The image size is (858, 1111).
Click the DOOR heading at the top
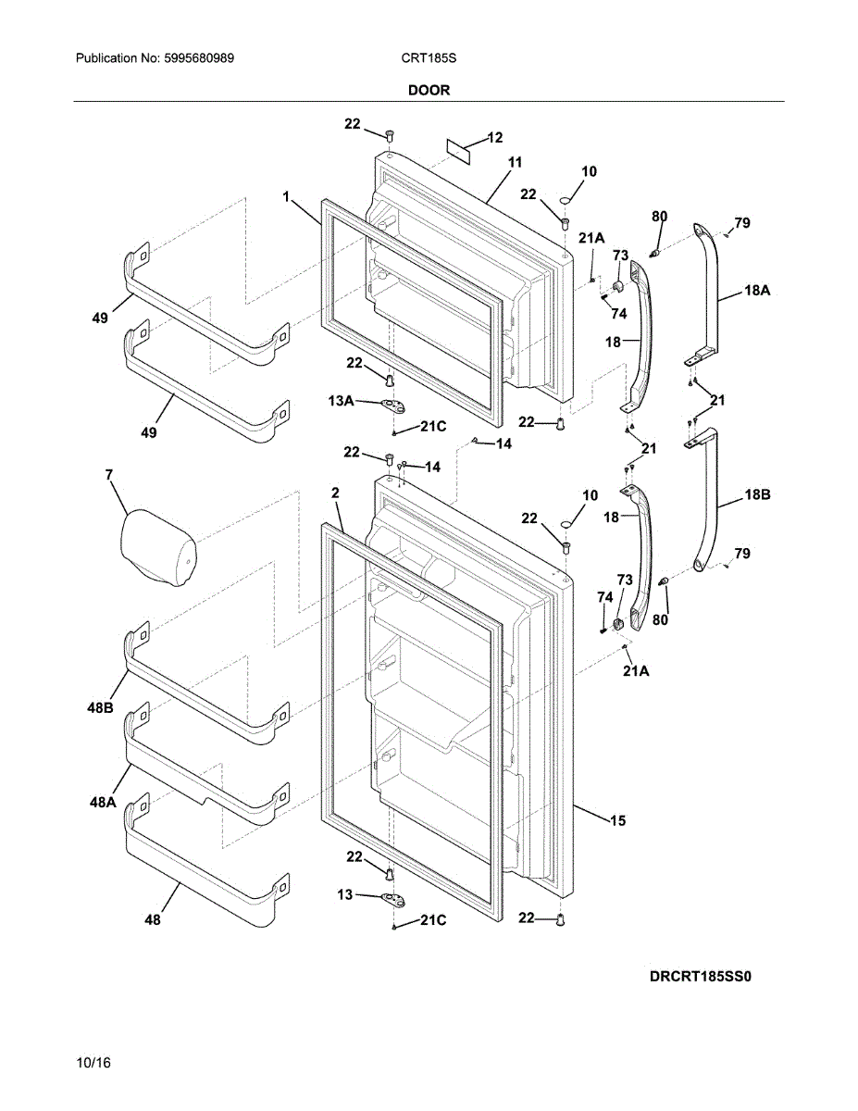click(429, 91)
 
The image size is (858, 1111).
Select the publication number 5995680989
click(199, 58)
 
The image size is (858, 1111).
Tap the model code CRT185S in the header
click(429, 58)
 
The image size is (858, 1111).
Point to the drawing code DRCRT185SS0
click(700, 977)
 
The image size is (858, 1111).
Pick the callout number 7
click(109, 475)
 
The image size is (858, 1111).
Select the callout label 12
click(494, 138)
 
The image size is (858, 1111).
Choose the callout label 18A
click(757, 291)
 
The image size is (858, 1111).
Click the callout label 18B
click(757, 494)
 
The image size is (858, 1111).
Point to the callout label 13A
click(341, 401)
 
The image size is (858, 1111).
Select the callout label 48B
click(100, 708)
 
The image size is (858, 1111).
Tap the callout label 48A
click(103, 802)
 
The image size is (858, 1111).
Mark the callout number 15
click(617, 820)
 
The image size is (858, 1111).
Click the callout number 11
click(515, 162)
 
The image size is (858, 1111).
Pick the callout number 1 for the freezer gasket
click(286, 196)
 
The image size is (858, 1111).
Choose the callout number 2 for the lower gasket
click(335, 493)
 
